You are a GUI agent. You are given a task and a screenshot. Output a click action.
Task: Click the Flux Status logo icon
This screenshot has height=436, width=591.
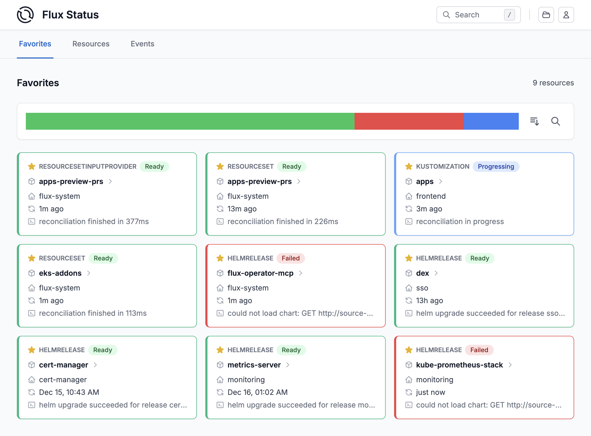25,15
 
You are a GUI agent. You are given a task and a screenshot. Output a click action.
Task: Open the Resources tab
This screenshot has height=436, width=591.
91,44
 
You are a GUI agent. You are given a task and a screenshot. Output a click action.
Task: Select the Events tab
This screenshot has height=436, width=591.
142,44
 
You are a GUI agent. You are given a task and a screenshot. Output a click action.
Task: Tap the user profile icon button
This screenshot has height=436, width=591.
566,15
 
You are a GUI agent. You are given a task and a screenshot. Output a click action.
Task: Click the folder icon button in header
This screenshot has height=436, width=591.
546,15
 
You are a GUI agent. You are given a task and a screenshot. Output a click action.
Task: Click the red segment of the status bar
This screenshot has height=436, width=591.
409,121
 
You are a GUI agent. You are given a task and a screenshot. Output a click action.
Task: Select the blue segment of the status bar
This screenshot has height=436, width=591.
491,121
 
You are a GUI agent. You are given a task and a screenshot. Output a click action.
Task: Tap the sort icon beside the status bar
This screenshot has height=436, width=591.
534,121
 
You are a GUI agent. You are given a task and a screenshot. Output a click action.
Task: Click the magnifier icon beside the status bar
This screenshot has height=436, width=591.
555,121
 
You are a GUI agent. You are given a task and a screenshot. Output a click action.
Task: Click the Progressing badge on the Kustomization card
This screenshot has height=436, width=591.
496,167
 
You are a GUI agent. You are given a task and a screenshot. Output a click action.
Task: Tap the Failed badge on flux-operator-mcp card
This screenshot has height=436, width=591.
290,258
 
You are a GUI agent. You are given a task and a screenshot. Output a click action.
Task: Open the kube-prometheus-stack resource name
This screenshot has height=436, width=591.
459,365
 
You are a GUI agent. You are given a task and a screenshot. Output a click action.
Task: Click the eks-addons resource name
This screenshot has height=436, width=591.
60,273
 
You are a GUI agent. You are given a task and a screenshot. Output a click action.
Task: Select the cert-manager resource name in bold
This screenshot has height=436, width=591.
63,365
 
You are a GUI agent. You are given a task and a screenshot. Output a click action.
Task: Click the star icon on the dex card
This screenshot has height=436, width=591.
409,258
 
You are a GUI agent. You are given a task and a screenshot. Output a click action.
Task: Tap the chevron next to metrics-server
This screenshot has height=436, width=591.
288,365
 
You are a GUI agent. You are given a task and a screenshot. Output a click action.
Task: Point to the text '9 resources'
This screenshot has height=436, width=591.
553,83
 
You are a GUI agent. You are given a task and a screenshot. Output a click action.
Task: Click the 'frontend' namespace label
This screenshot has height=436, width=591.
431,196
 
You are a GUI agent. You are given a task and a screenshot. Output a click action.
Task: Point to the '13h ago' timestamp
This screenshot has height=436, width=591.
429,301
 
